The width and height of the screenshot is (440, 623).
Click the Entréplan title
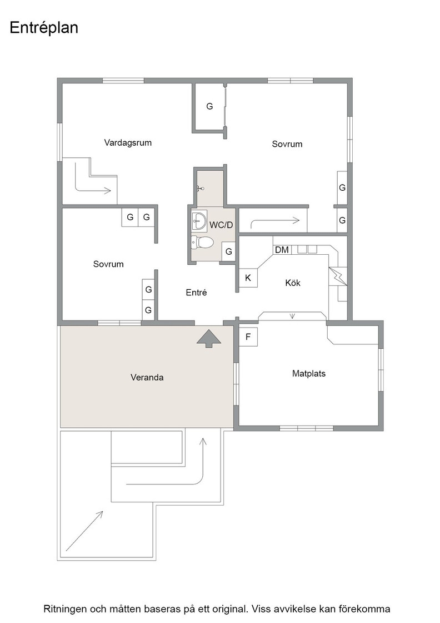coord(44,28)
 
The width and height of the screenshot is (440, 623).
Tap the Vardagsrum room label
coord(128,142)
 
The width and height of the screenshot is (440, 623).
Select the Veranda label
coord(147,378)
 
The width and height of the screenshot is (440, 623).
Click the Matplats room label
coord(309,373)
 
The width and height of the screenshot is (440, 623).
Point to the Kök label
coord(293,283)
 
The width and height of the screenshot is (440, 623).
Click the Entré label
coord(197,293)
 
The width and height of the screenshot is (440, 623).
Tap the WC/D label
coord(221,225)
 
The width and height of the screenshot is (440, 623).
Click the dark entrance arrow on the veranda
coord(209,339)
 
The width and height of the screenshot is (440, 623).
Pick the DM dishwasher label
coord(282,250)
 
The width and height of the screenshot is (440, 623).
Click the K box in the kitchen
coord(248,278)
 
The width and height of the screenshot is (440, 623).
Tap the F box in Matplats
coord(248,337)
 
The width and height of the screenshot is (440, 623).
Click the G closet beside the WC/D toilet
coord(228,251)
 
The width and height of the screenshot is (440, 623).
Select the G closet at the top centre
coord(209,106)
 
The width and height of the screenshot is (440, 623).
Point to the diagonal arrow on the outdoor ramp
coord(84,531)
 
